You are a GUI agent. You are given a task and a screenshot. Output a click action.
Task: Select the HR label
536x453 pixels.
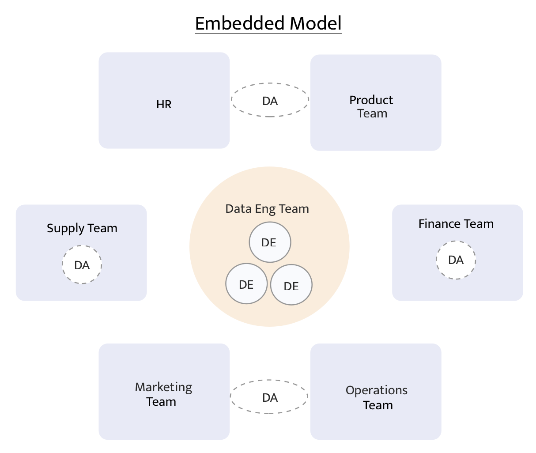[x=164, y=105]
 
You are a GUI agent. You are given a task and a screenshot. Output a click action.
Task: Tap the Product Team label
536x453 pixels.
[x=371, y=107]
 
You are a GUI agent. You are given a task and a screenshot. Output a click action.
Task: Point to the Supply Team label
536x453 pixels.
[x=82, y=228]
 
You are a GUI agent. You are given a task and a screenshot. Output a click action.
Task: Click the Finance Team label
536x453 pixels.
[x=456, y=224]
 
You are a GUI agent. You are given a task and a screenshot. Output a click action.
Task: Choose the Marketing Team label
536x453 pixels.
[x=163, y=394]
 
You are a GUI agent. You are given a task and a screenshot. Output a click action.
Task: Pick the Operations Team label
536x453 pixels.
[x=377, y=397]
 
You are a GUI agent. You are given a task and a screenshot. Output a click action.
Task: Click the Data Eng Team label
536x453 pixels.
[x=267, y=209]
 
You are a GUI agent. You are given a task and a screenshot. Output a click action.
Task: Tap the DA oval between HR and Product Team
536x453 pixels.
[x=270, y=101]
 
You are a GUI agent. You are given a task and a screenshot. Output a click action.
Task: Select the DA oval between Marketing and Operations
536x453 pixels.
[x=269, y=397]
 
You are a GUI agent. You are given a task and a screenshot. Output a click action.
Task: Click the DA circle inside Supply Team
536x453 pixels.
[x=82, y=265]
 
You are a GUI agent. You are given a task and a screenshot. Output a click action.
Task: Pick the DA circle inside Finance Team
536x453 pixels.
[x=456, y=260]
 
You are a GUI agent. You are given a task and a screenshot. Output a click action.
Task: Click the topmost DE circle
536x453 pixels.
[x=269, y=242]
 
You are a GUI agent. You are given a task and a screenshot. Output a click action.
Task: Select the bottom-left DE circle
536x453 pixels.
[x=246, y=285]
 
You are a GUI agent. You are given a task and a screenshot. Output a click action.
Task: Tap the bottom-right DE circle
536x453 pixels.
[x=291, y=286]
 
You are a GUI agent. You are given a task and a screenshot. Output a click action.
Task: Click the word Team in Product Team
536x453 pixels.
[x=372, y=113]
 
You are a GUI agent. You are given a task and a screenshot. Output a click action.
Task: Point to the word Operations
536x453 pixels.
[x=377, y=390]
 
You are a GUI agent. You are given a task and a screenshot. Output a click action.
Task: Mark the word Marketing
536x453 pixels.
[x=163, y=387]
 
